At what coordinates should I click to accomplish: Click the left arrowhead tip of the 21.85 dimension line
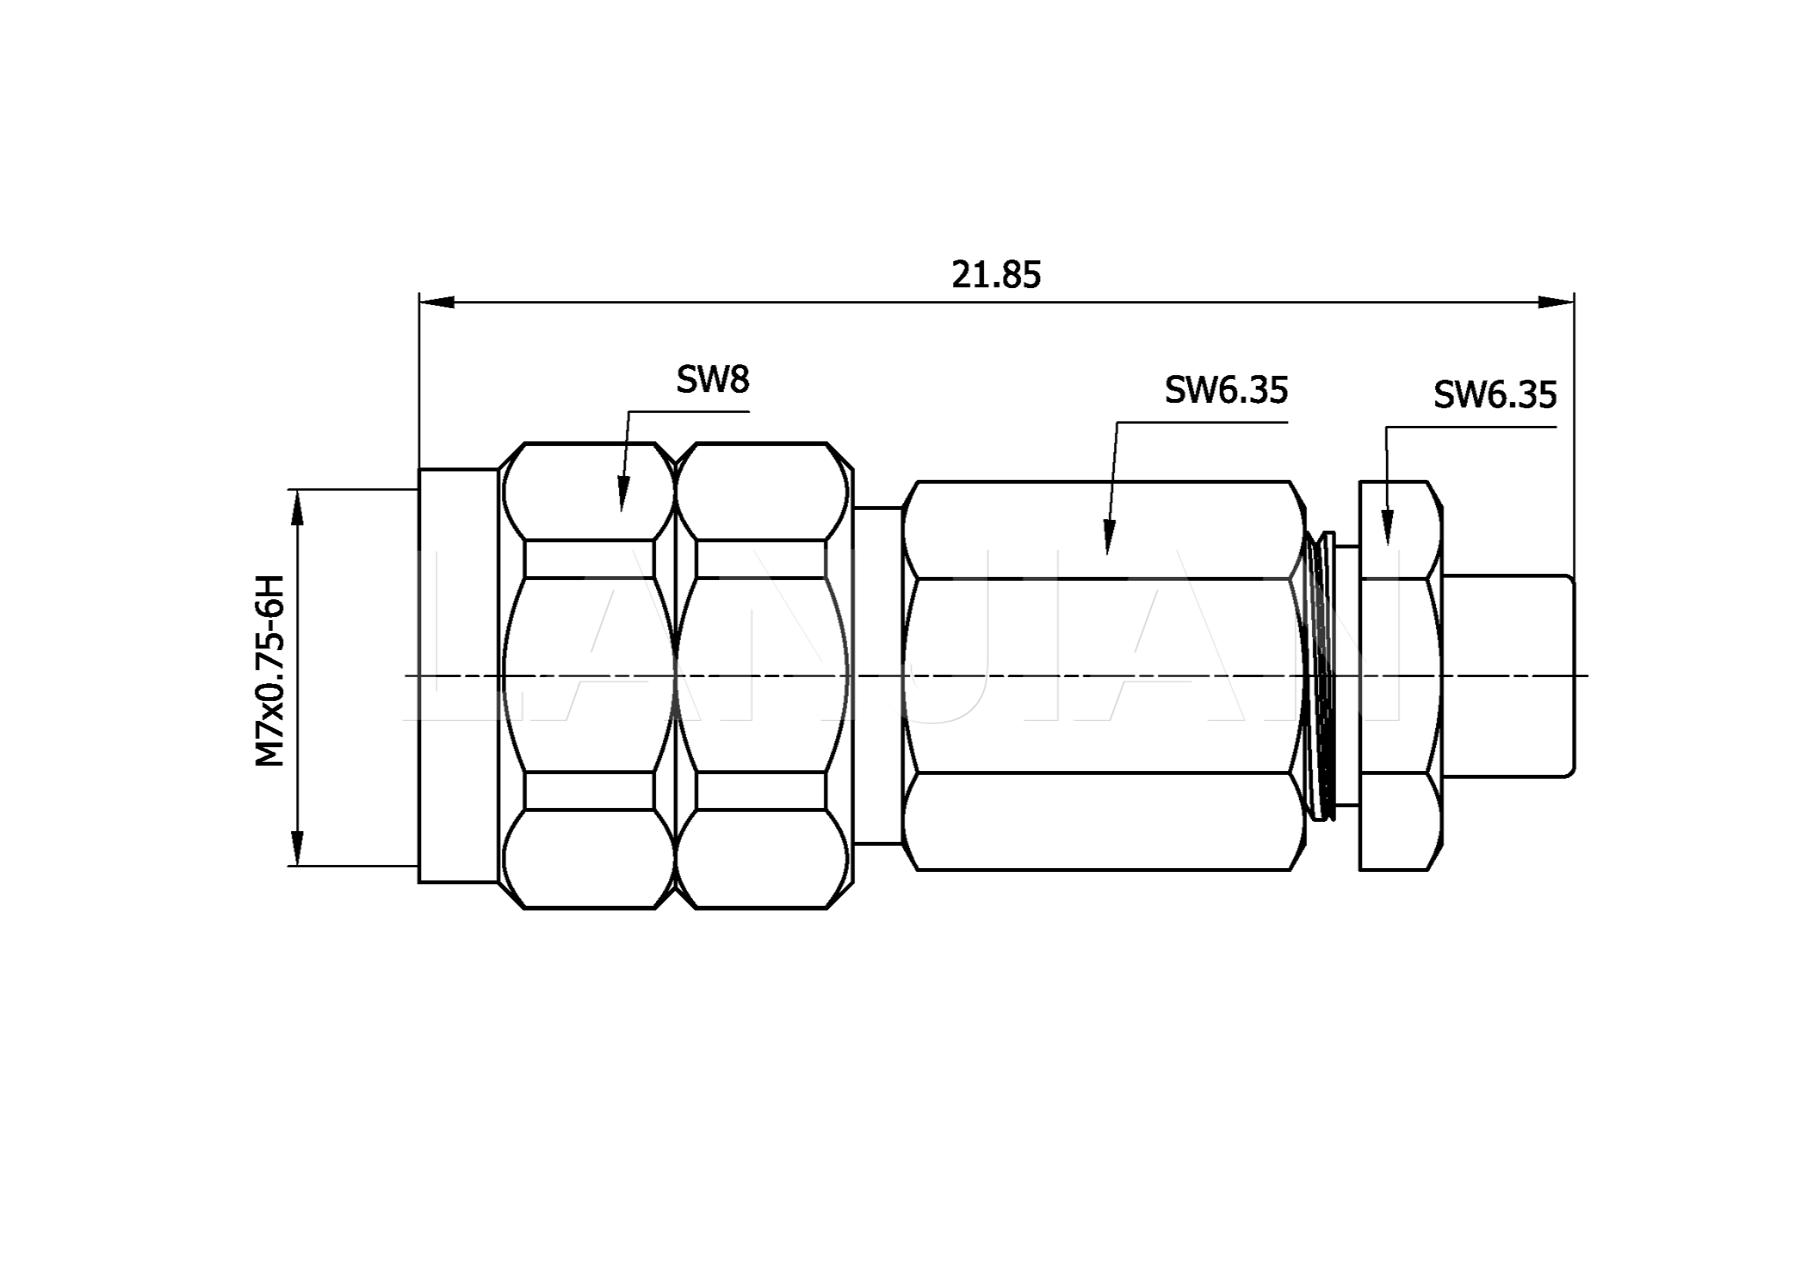click(420, 302)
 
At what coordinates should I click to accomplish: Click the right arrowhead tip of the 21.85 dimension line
click(1574, 302)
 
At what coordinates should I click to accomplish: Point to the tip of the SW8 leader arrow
click(621, 512)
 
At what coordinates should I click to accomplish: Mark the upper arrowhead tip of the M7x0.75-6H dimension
click(296, 490)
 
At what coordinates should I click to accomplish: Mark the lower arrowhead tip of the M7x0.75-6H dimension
click(296, 866)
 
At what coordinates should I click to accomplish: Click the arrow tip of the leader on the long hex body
click(1106, 555)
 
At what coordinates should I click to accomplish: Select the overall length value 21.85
click(996, 274)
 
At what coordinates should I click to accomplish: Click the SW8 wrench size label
click(713, 380)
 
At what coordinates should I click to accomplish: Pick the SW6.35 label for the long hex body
click(1226, 390)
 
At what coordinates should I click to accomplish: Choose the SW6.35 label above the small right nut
click(1495, 394)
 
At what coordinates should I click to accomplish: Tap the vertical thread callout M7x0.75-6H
click(269, 672)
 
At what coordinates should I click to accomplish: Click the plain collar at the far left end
click(459, 676)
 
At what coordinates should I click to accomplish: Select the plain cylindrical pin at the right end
click(1508, 676)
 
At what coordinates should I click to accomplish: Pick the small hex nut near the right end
click(1401, 676)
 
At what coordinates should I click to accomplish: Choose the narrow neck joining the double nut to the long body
click(879, 676)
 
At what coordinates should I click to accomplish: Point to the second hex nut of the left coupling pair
click(762, 676)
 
